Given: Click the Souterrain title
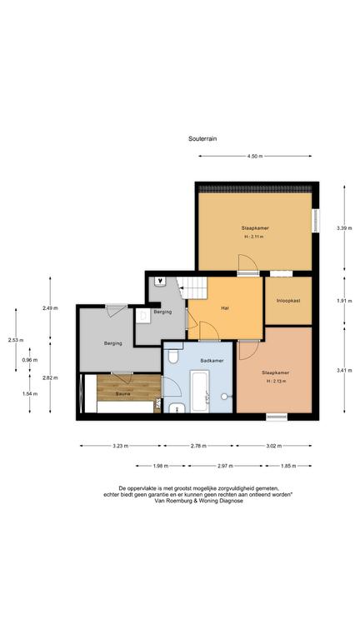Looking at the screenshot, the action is (202, 139).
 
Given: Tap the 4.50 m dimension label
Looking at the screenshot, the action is (255, 156).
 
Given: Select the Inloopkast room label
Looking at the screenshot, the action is (288, 300).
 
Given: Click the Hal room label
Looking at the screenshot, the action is (224, 309).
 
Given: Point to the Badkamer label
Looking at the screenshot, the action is (212, 361).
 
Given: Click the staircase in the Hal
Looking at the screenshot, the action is (193, 287).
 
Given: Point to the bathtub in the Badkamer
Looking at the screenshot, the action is (200, 391).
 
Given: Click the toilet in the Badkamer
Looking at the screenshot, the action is (174, 356).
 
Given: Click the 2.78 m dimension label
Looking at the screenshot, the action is (199, 446).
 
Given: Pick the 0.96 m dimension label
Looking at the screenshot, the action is (30, 360).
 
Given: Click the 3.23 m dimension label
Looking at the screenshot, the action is (120, 446).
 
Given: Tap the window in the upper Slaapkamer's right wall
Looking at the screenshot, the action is (316, 221).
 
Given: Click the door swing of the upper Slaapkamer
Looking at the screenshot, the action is (247, 263).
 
